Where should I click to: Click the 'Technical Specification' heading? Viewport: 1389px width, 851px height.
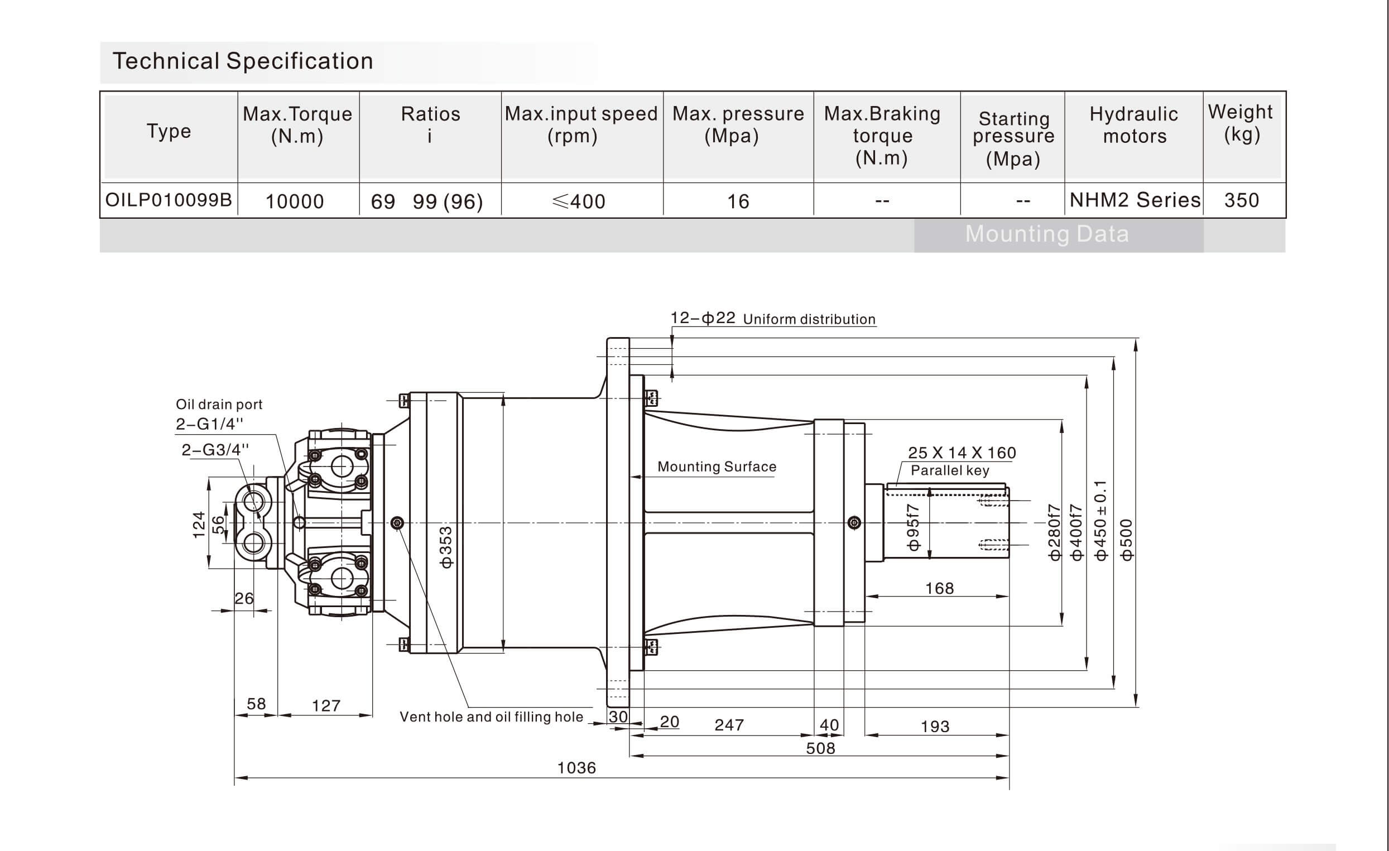pyautogui.click(x=243, y=61)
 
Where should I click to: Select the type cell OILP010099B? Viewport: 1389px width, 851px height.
pyautogui.click(x=169, y=200)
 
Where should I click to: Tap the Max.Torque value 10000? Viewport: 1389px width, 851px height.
pyautogui.click(x=294, y=201)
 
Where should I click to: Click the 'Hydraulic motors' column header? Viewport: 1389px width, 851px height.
pyautogui.click(x=1133, y=125)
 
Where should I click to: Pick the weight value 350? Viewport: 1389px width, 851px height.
pyautogui.click(x=1241, y=200)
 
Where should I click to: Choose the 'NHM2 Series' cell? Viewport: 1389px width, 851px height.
pyautogui.click(x=1135, y=200)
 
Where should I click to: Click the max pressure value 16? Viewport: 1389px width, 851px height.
pyautogui.click(x=738, y=201)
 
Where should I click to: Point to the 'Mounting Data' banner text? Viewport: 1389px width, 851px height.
pyautogui.click(x=1047, y=234)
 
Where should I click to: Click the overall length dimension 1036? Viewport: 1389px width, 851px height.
pyautogui.click(x=576, y=768)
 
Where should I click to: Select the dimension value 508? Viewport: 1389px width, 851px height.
pyautogui.click(x=820, y=748)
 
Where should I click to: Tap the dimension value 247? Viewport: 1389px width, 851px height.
pyautogui.click(x=729, y=725)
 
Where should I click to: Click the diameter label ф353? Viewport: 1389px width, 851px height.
pyautogui.click(x=446, y=547)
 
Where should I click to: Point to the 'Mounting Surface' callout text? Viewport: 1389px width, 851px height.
pyautogui.click(x=717, y=467)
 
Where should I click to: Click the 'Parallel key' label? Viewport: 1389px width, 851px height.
pyautogui.click(x=950, y=470)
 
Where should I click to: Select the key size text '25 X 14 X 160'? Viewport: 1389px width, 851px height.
pyautogui.click(x=962, y=453)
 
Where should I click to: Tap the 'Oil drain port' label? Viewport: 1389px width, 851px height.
pyautogui.click(x=219, y=404)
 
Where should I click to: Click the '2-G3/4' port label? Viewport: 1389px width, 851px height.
pyautogui.click(x=215, y=450)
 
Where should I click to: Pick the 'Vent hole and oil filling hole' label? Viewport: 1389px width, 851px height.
pyautogui.click(x=491, y=717)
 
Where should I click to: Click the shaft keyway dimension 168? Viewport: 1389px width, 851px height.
pyautogui.click(x=939, y=588)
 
